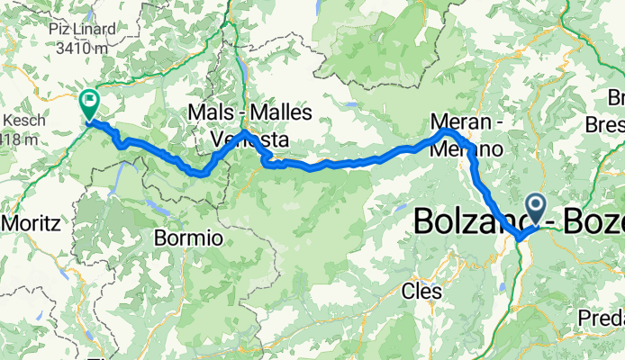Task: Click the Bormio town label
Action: (x=188, y=239)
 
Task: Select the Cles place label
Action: (x=422, y=292)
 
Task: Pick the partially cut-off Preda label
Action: (x=604, y=318)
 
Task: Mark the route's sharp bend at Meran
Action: (x=447, y=133)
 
